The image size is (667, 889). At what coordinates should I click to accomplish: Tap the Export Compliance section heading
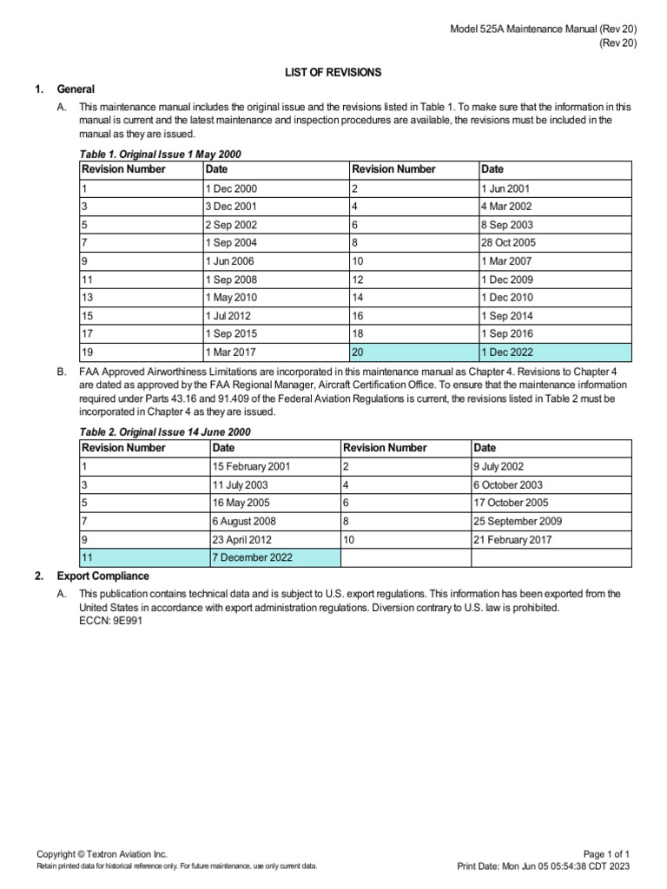point(102,576)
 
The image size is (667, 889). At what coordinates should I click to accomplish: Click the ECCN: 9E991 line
point(109,621)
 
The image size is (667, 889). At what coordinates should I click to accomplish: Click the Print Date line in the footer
point(543,866)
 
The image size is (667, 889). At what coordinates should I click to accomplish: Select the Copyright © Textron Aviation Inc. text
point(102,854)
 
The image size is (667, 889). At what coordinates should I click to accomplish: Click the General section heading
point(76,89)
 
